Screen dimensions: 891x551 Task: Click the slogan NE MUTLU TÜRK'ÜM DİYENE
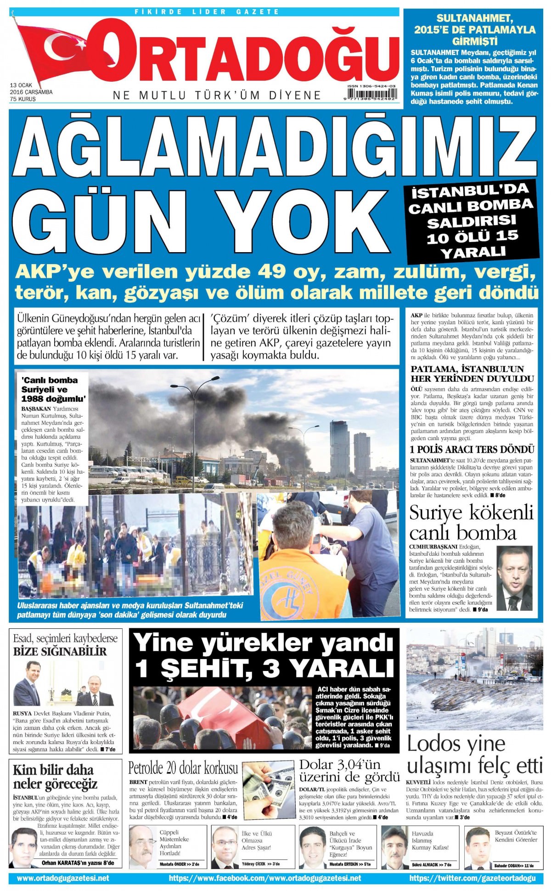pyautogui.click(x=217, y=96)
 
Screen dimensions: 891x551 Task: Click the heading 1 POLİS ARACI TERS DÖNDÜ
pyautogui.click(x=472, y=449)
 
